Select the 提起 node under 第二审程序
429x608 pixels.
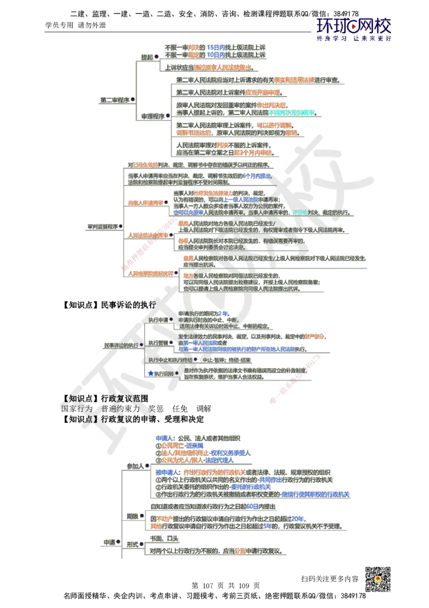pos(146,56)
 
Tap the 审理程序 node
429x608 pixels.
pos(152,115)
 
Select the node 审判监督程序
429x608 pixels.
pos(102,227)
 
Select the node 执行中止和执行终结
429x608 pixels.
pos(170,359)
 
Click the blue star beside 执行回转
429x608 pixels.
pos(151,373)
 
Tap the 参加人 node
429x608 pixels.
pos(134,466)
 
